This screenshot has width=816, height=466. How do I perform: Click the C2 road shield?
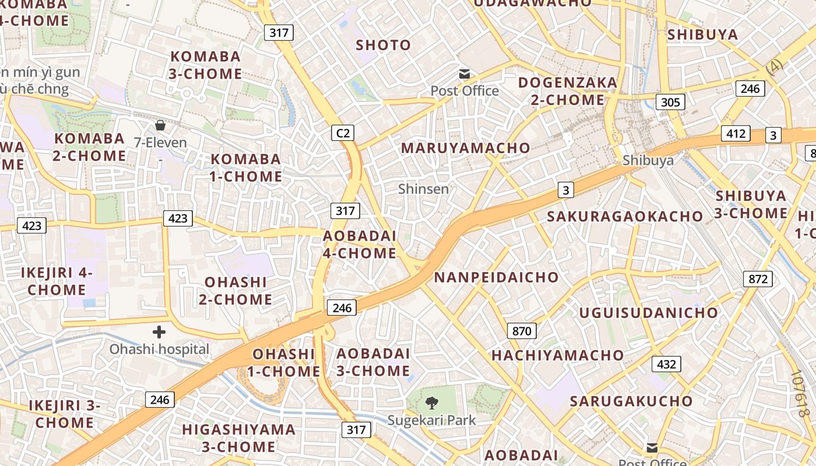[x=343, y=133]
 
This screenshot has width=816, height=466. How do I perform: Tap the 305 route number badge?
[x=670, y=103]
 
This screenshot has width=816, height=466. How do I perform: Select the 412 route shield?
[x=736, y=133]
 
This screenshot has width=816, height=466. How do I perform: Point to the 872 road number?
[x=758, y=279]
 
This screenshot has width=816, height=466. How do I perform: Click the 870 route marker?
[x=522, y=331]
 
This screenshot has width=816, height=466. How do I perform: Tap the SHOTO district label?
[x=384, y=45]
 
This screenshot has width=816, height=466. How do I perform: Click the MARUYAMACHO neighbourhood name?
[x=465, y=148]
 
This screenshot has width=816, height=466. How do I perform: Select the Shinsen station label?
[x=424, y=189]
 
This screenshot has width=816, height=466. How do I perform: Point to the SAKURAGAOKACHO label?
[x=625, y=217]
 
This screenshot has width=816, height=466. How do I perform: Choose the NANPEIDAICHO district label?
[x=496, y=277]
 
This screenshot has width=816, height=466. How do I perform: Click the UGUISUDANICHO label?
[x=648, y=313]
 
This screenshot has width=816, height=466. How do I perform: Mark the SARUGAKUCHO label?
[x=631, y=401]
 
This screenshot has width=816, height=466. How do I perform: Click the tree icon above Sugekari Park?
[x=432, y=403]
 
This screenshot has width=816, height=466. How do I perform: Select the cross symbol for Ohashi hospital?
[x=159, y=332]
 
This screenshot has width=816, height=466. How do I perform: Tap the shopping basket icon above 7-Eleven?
[x=160, y=125]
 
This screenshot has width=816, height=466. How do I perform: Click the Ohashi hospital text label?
[x=160, y=349]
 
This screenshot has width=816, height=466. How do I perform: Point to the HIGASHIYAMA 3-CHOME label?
[x=239, y=438]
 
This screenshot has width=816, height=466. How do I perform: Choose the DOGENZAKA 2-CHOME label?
[x=568, y=91]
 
